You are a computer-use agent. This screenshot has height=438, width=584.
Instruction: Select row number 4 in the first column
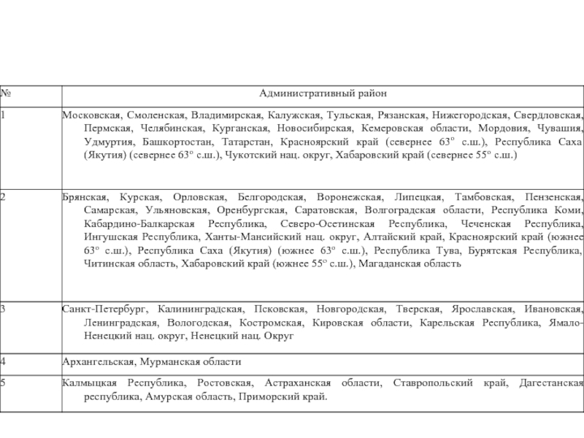(x=3, y=361)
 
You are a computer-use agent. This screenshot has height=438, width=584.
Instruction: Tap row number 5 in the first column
(x=3, y=382)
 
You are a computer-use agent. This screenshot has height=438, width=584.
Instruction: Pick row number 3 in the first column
(x=3, y=309)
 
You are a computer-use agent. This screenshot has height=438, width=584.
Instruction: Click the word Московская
(x=91, y=115)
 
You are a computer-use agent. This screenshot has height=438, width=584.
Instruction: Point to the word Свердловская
(x=547, y=115)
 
